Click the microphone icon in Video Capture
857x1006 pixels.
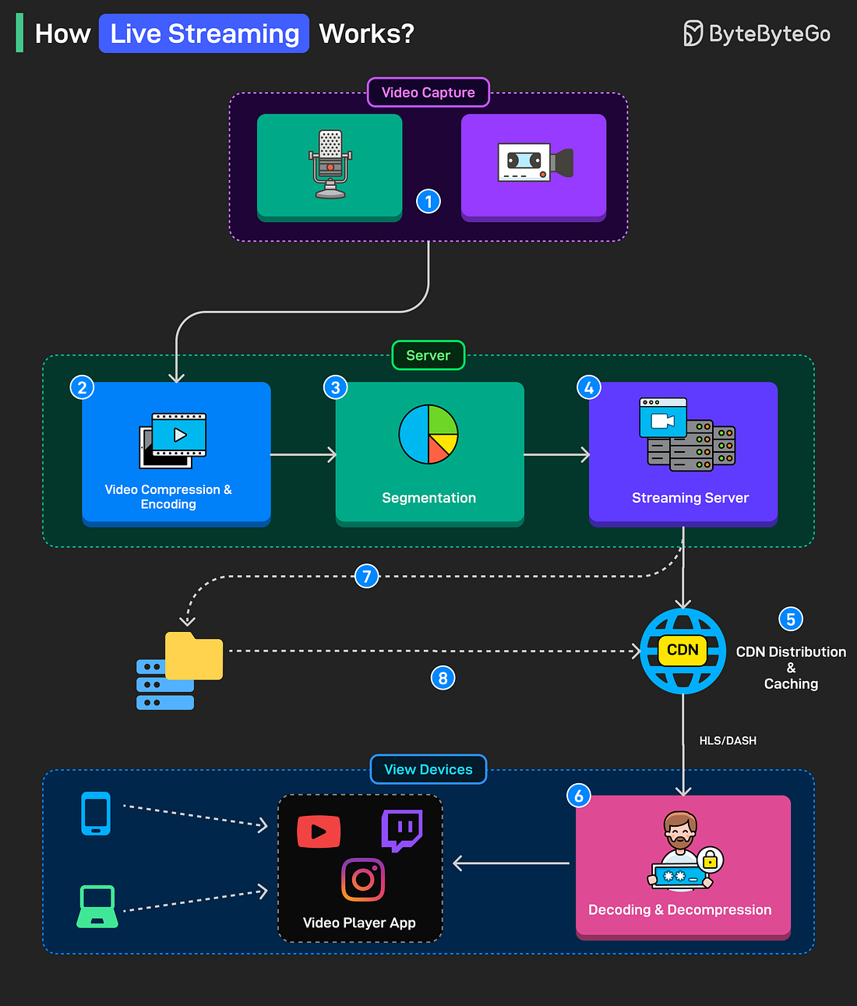point(330,164)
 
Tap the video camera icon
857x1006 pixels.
point(535,163)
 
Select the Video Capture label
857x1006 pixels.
point(428,93)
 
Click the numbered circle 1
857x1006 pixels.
point(428,202)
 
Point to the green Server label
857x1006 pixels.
point(428,355)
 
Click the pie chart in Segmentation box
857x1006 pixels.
point(428,434)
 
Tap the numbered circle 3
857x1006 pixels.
point(336,387)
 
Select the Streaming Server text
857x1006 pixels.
point(689,498)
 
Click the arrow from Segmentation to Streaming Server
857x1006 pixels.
point(556,454)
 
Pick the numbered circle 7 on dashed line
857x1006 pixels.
point(366,577)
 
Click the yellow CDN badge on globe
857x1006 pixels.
point(682,650)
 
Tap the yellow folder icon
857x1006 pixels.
point(194,656)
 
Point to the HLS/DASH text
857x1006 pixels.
point(728,740)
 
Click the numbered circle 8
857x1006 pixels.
point(443,678)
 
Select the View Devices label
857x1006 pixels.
point(428,769)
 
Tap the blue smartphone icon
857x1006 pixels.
point(96,814)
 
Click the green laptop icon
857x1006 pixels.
point(97,906)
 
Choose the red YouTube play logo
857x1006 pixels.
point(319,831)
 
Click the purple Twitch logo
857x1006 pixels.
point(402,830)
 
